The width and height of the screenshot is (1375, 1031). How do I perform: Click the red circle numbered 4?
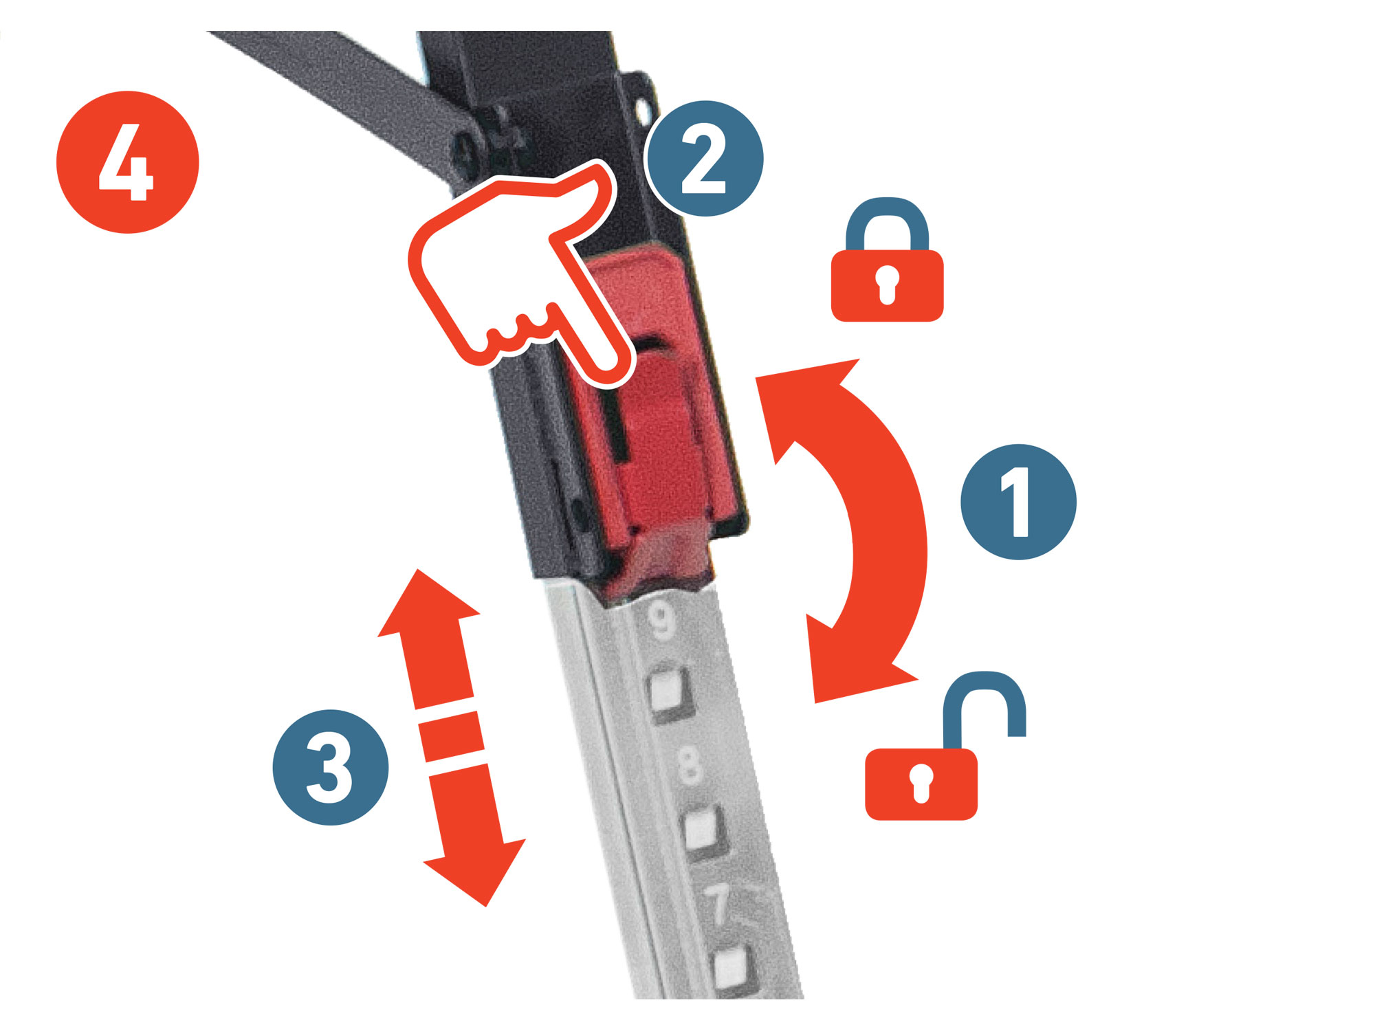(127, 162)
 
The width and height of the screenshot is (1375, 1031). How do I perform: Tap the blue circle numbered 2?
(704, 159)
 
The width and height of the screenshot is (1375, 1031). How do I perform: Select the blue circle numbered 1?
(1018, 502)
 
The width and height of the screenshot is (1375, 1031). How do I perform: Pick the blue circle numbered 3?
(331, 767)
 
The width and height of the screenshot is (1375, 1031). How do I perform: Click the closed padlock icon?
(887, 259)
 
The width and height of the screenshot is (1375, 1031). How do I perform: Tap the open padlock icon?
(945, 746)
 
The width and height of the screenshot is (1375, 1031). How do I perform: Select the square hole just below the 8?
(701, 830)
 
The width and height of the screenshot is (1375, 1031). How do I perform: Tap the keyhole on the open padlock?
(921, 782)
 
